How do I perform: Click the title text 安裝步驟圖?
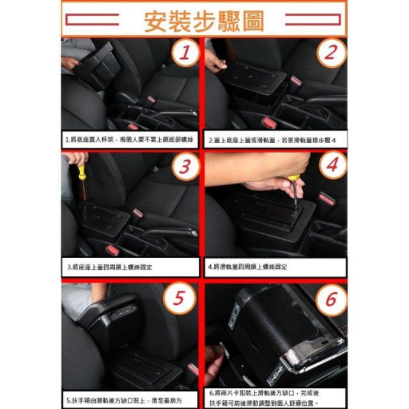[x=204, y=21]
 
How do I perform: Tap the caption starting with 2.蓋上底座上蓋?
[x=276, y=139]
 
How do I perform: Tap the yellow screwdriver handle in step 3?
[x=82, y=171]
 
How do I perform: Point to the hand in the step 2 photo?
[x=214, y=62]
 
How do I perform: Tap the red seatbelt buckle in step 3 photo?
[x=137, y=213]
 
